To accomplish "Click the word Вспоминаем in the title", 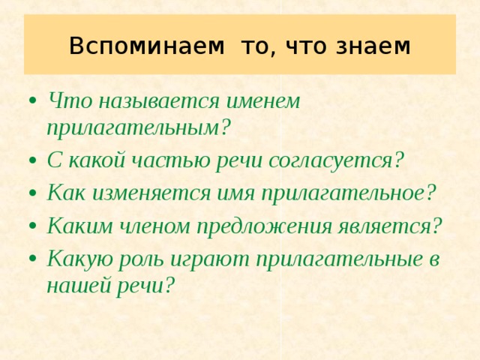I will (x=146, y=46).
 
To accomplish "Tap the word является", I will (x=390, y=226).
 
